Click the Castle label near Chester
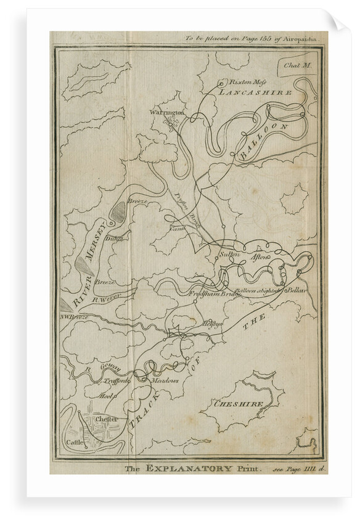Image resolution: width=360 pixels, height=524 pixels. pos(75,443)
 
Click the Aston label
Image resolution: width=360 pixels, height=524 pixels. pos(260,256)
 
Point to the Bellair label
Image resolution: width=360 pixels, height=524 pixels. pos(297,289)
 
